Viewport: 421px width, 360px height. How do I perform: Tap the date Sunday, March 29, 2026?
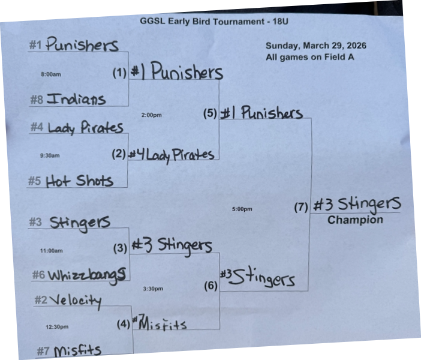tap(315, 46)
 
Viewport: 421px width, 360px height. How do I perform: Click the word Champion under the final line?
tap(355, 220)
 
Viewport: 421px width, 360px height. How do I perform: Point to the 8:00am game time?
tap(51, 74)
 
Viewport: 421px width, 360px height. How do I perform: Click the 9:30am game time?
tap(50, 155)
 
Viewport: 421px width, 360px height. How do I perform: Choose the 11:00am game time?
tap(51, 251)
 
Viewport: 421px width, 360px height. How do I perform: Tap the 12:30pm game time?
tap(57, 327)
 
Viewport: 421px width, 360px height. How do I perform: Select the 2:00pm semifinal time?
tap(152, 115)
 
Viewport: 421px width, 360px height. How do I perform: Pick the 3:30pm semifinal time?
tap(153, 289)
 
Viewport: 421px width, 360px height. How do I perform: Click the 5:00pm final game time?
tap(242, 209)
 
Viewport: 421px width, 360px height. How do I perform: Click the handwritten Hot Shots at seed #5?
tap(79, 180)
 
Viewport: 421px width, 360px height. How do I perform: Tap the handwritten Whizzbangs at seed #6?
tap(87, 275)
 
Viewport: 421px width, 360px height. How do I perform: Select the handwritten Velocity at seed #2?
tap(76, 300)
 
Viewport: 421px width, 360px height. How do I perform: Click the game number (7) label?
tap(301, 208)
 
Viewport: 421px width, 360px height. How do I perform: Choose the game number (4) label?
tap(124, 325)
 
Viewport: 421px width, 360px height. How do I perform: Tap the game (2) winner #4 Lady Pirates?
tap(172, 154)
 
